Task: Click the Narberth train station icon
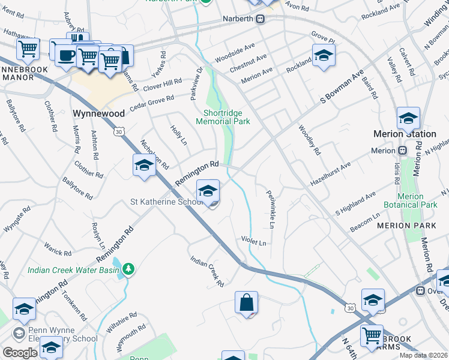[261, 19]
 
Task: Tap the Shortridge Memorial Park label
[223, 116]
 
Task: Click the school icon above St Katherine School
[208, 191]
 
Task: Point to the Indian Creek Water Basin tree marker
[128, 270]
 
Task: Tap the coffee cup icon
[66, 55]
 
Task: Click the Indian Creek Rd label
[207, 271]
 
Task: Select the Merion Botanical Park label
[417, 200]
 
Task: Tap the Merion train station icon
[402, 151]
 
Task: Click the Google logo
[20, 352]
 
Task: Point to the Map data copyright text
[423, 355]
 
